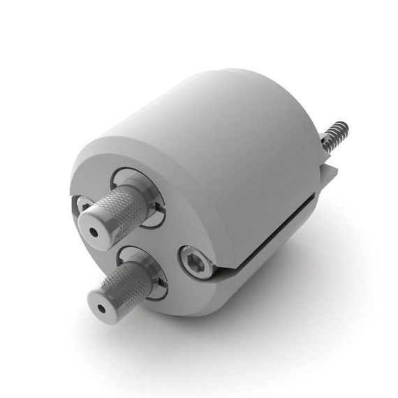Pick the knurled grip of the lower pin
pos(126,286)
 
